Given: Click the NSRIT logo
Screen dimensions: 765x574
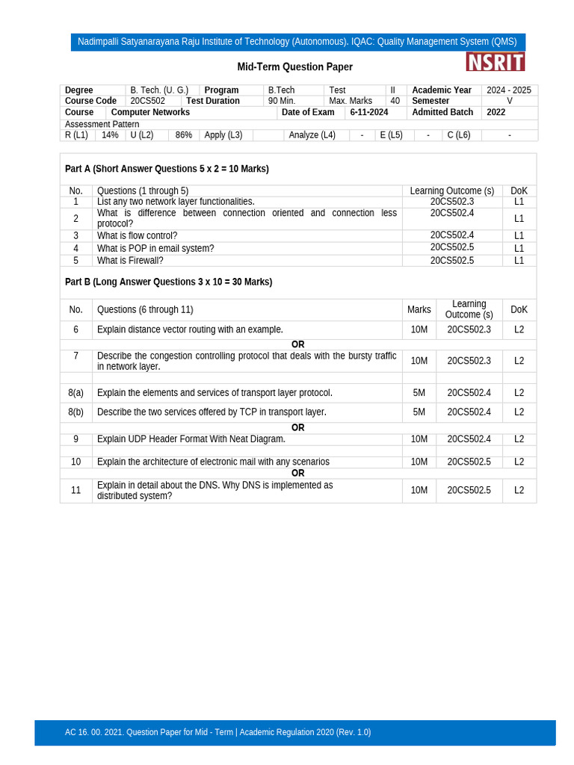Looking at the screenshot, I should click(495, 62).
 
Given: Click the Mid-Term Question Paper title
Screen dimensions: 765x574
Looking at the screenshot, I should click(294, 67).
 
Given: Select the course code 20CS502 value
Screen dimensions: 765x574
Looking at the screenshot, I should click(148, 101).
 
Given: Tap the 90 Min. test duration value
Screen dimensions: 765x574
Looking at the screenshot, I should click(282, 101).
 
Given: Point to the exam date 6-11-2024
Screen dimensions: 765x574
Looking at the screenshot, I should click(369, 112).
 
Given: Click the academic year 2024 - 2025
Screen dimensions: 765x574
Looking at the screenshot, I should click(509, 90).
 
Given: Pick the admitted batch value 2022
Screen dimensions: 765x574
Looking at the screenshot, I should click(496, 112).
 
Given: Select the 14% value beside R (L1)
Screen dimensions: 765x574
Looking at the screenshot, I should click(110, 135).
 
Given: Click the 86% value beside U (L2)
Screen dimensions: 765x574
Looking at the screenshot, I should click(184, 135).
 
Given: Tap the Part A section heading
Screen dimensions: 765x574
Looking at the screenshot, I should click(167, 169).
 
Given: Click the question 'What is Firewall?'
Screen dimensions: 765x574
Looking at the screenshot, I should click(130, 261).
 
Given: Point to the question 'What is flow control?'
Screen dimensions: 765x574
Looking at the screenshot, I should click(138, 235).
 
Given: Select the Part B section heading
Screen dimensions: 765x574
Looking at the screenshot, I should click(168, 282).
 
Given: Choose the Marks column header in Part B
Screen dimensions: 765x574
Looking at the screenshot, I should click(419, 309).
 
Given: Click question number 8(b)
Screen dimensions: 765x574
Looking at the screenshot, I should click(75, 412).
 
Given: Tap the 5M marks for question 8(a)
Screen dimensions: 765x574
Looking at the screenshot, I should click(419, 392).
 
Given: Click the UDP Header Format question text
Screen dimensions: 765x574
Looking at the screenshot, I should click(191, 439).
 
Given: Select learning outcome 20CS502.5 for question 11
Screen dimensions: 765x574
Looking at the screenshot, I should click(469, 490).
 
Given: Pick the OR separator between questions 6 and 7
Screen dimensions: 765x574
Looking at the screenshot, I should click(298, 344).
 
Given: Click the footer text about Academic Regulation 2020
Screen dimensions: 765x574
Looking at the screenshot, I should click(217, 732).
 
